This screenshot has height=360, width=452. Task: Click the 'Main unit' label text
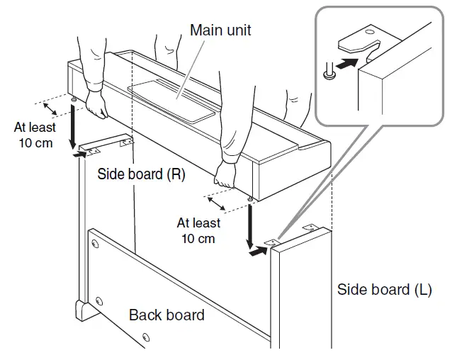[220, 30]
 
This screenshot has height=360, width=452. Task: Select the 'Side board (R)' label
[141, 174]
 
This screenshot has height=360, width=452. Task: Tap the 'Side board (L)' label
[383, 289]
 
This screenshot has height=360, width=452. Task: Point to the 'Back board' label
[166, 314]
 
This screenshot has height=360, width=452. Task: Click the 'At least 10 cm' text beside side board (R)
[33, 135]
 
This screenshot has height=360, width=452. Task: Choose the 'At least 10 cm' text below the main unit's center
[198, 230]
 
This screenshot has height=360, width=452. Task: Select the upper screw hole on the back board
[94, 244]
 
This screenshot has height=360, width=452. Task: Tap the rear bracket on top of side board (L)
[310, 227]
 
